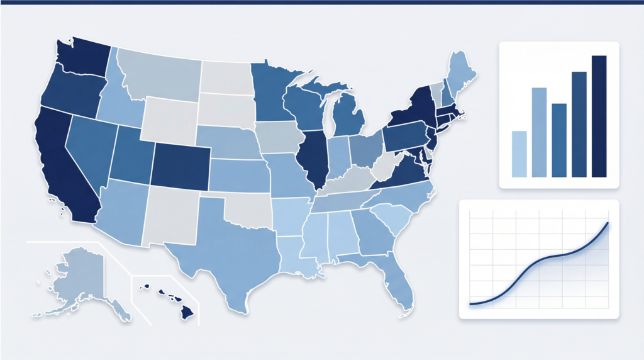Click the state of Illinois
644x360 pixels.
[x=313, y=157]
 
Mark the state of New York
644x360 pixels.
[x=412, y=110]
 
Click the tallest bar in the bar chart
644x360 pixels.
[x=599, y=116]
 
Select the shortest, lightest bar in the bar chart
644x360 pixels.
[x=519, y=154]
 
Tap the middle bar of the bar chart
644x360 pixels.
[x=559, y=140]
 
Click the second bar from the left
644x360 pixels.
[x=539, y=132]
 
